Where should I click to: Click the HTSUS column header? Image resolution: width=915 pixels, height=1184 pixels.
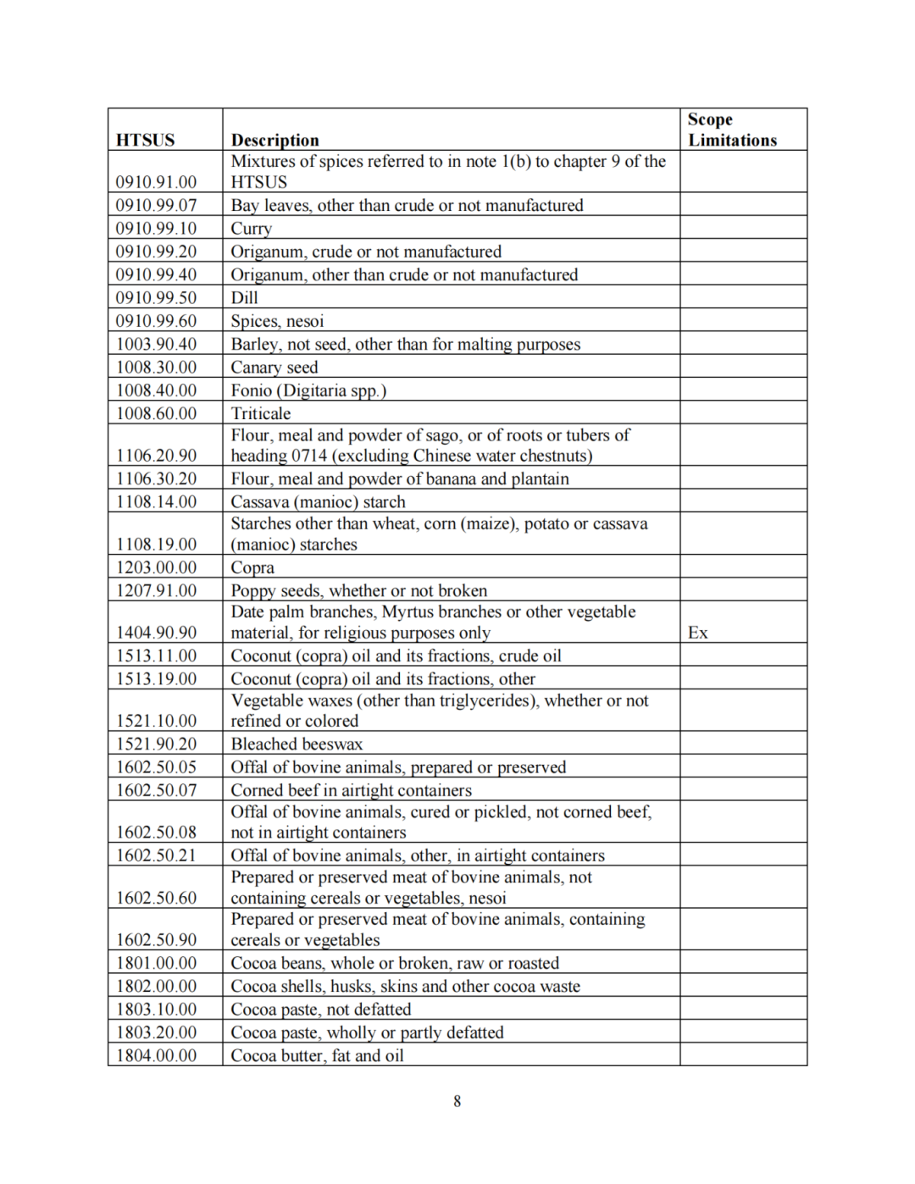145,140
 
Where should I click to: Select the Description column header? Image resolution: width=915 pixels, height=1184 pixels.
274,140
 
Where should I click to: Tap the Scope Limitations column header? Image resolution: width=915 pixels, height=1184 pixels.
731,130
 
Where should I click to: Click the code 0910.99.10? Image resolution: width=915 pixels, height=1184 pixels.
156,229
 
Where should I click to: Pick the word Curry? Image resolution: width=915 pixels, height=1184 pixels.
251,229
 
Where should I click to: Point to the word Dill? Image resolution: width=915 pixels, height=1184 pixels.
244,298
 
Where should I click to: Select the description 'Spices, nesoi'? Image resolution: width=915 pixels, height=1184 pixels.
277,321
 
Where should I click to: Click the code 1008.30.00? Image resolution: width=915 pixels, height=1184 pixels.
156,368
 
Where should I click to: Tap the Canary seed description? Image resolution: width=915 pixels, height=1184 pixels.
274,368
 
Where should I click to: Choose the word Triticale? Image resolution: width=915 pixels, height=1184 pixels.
260,413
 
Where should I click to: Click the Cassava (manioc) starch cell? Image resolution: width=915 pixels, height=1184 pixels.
318,502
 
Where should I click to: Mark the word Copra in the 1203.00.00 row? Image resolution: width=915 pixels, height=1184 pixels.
252,567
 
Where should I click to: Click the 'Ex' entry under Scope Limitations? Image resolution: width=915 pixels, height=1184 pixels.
697,633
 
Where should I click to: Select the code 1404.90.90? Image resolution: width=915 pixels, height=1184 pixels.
156,633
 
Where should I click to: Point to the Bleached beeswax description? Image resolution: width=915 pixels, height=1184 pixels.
297,744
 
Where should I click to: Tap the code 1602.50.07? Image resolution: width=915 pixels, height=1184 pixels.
156,790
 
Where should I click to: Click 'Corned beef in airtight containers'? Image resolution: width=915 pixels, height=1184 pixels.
351,790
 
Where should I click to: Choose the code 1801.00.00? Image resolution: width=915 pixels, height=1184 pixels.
156,963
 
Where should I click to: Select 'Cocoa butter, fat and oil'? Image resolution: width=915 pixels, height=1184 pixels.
317,1055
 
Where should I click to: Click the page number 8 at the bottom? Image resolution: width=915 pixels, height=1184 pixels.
457,1101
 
